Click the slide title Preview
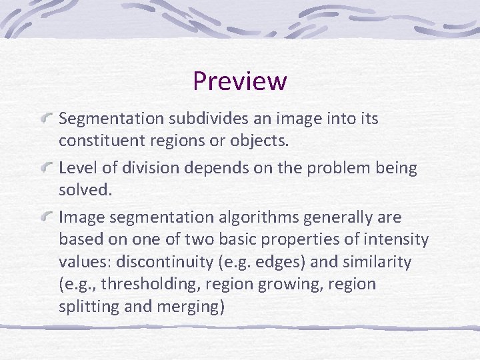[240, 81]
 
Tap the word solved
[84, 190]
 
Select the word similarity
[377, 262]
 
